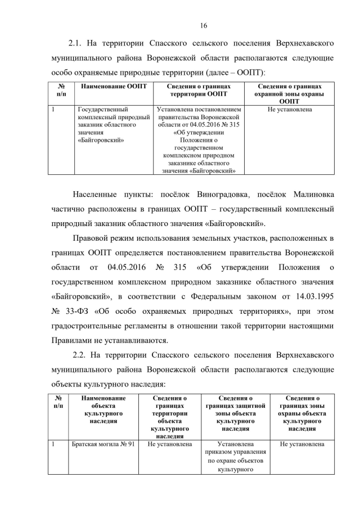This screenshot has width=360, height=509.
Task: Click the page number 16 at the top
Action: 204,25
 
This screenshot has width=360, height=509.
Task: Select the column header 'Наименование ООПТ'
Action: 113,87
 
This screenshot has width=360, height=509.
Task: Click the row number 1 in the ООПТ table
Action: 53,110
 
